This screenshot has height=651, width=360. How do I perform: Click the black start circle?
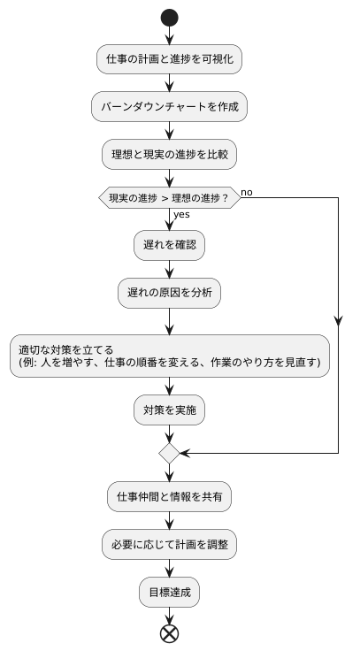169,19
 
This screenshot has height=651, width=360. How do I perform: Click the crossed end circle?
169,632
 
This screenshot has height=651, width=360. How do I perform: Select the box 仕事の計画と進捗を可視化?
169,59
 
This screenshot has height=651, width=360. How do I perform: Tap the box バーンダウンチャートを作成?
169,107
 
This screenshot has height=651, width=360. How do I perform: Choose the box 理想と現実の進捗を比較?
169,155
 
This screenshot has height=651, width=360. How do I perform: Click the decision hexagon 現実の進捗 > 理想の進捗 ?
169,198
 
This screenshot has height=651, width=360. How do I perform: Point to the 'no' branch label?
247,191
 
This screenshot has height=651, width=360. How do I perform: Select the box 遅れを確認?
169,245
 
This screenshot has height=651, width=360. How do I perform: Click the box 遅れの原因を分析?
169,293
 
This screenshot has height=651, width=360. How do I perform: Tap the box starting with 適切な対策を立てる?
169,356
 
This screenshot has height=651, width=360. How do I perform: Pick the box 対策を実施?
169,410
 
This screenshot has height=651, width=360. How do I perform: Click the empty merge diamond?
169,453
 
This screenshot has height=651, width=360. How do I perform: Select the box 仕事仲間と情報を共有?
169,497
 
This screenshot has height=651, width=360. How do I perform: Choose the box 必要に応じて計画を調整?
169,545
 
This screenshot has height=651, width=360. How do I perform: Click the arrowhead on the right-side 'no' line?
339,322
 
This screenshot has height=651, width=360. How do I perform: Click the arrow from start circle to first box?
169,35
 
